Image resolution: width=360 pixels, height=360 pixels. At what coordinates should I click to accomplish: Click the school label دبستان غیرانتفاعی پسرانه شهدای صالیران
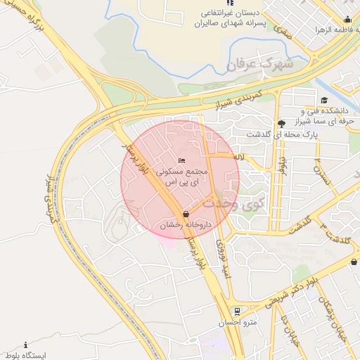click(226, 18)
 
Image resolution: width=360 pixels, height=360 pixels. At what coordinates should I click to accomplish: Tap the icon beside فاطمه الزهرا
click(347, 19)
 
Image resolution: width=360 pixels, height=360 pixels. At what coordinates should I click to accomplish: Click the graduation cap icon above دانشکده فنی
click(324, 100)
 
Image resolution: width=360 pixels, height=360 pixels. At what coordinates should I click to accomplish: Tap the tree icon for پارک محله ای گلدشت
click(281, 123)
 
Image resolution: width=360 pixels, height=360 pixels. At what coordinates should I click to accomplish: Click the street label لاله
click(240, 160)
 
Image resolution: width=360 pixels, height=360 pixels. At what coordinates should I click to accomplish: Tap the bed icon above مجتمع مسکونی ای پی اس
click(183, 161)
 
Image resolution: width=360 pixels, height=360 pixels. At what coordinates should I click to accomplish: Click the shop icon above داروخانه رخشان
click(185, 213)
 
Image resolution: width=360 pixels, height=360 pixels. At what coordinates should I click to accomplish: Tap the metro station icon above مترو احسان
click(237, 311)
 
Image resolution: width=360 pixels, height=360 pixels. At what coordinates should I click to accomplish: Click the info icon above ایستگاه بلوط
click(26, 345)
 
